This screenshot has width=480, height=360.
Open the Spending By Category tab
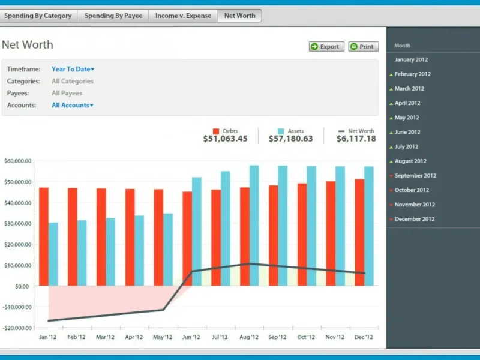[38, 16]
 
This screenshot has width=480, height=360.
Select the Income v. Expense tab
[183, 16]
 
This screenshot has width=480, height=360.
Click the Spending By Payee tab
[113, 16]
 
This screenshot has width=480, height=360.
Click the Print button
[363, 47]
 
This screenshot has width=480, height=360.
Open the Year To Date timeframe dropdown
[73, 69]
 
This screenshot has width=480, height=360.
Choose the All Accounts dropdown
[73, 105]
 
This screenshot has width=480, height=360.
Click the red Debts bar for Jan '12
[43, 236]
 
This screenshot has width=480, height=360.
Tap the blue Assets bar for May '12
[168, 249]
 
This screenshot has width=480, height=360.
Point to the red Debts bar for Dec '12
[359, 232]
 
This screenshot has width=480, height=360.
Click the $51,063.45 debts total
[225, 139]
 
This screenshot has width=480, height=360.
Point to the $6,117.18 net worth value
[356, 139]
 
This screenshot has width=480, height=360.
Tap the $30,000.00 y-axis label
[17, 223]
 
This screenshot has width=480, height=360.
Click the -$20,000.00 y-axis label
[17, 328]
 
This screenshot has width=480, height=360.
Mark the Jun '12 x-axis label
[191, 337]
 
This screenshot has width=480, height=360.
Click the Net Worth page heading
[28, 45]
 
